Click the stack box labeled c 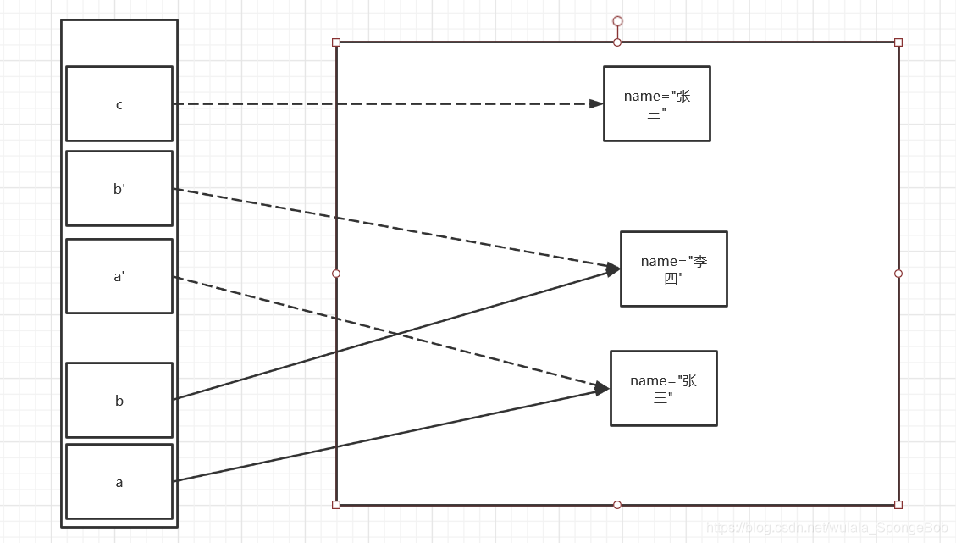(119, 104)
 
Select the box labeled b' (119, 189)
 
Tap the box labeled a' (119, 276)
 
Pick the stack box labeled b (119, 400)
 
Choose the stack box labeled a (119, 482)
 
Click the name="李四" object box (674, 269)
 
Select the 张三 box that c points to (657, 103)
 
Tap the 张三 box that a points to (664, 388)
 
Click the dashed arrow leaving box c (381, 103)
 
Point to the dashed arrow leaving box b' (254, 202)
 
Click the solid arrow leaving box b (254, 374)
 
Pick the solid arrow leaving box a (254, 464)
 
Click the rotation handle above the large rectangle (617, 21)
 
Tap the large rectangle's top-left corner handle (336, 42)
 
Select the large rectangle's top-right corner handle (898, 42)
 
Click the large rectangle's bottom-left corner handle (336, 505)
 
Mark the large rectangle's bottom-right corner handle (898, 505)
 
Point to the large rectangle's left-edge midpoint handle (336, 274)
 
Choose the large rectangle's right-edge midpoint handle (898, 274)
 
